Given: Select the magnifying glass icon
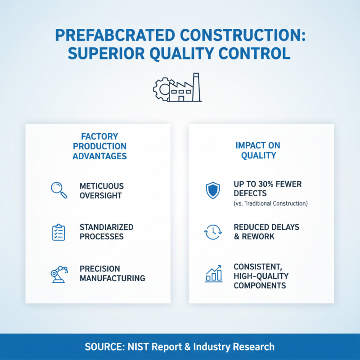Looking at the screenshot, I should [59, 190].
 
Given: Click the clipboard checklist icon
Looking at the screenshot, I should [59, 232].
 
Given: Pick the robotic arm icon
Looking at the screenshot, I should [59, 274].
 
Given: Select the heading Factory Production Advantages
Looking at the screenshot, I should [99, 146].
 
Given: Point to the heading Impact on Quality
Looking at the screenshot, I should [258, 150].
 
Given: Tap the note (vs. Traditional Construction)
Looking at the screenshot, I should [270, 203].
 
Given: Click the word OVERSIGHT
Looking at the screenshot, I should [100, 195].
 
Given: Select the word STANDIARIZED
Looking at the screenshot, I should [106, 227].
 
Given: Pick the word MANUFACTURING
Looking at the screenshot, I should [112, 278].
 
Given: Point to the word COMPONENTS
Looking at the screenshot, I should [260, 285].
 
